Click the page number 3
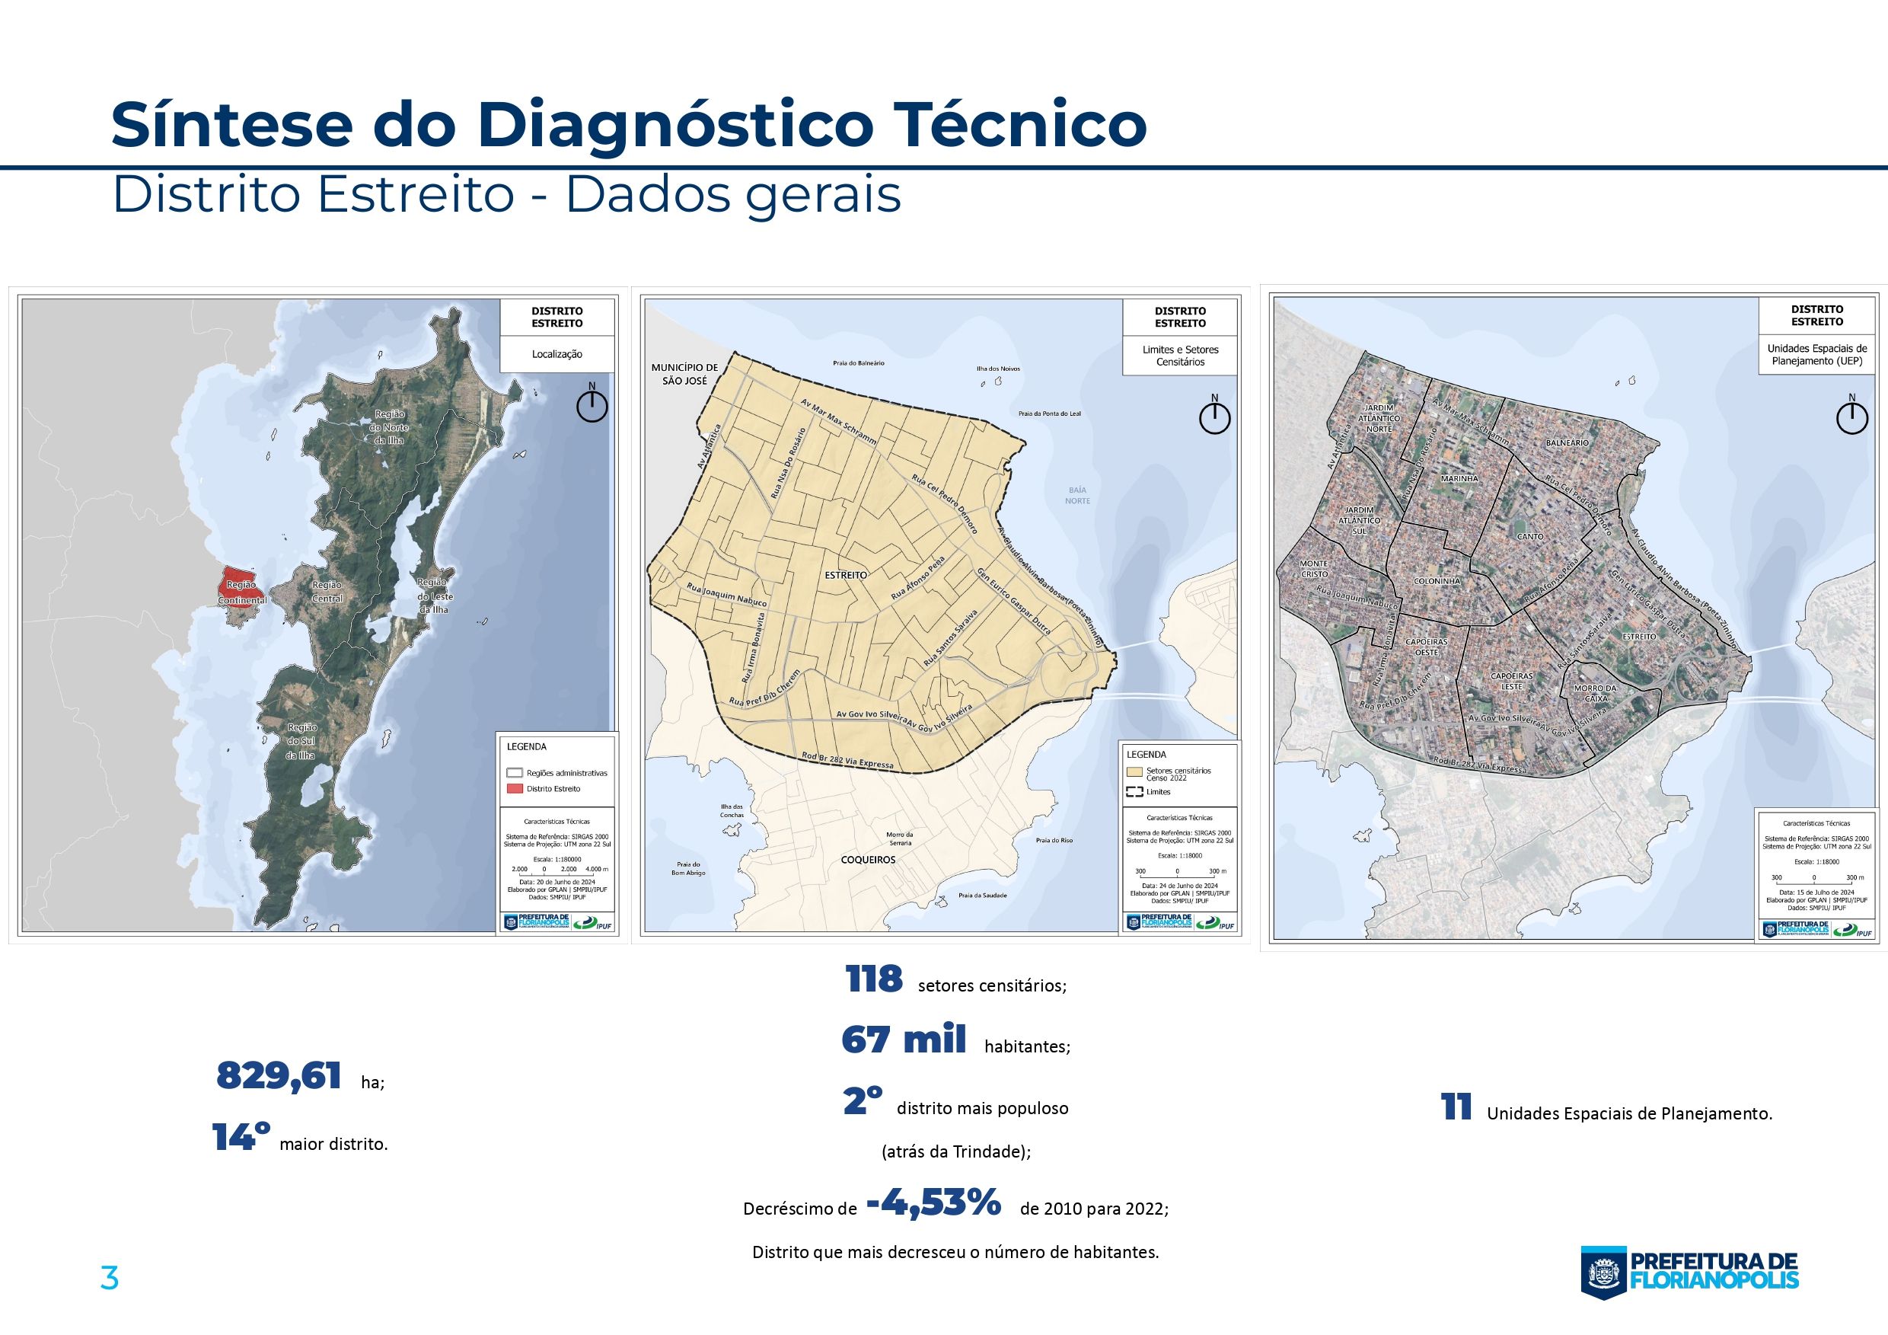(110, 1279)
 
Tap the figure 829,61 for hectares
(279, 1076)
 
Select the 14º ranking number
(241, 1138)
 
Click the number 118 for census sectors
(874, 979)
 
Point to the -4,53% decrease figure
(934, 1204)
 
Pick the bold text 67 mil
(904, 1040)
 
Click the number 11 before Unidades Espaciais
(1456, 1108)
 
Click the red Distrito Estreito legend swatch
(515, 789)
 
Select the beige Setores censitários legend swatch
(1135, 772)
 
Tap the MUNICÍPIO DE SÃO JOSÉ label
(684, 374)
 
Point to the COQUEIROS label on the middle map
(868, 860)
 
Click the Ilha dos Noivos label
(997, 369)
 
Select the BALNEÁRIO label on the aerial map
(1567, 442)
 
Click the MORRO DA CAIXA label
(1594, 692)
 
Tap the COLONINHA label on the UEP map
(1437, 581)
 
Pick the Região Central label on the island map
(327, 592)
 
